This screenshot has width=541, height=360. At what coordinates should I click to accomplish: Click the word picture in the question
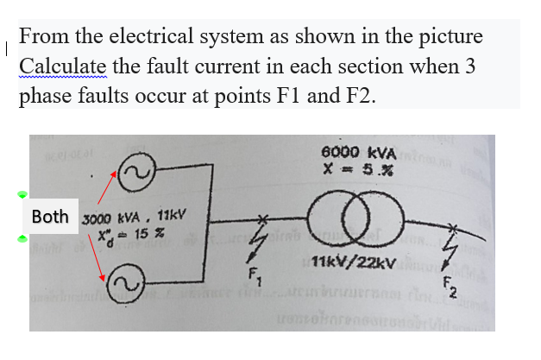[x=443, y=38]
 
